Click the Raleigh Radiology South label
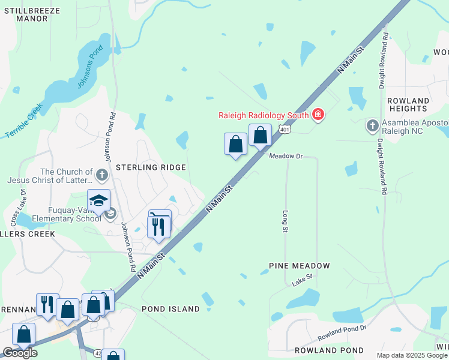tap(264, 115)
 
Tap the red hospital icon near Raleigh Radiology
tap(318, 115)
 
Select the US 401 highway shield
tap(285, 130)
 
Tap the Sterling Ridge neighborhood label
tap(151, 167)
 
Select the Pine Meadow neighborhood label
tap(300, 266)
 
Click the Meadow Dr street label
tap(285, 156)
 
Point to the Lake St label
tap(303, 279)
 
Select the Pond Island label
tap(170, 309)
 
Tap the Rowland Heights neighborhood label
tap(408, 104)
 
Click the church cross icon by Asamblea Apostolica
tap(372, 125)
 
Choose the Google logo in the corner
tap(20, 353)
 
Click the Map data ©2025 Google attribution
tap(412, 355)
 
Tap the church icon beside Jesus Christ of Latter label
tap(101, 176)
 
